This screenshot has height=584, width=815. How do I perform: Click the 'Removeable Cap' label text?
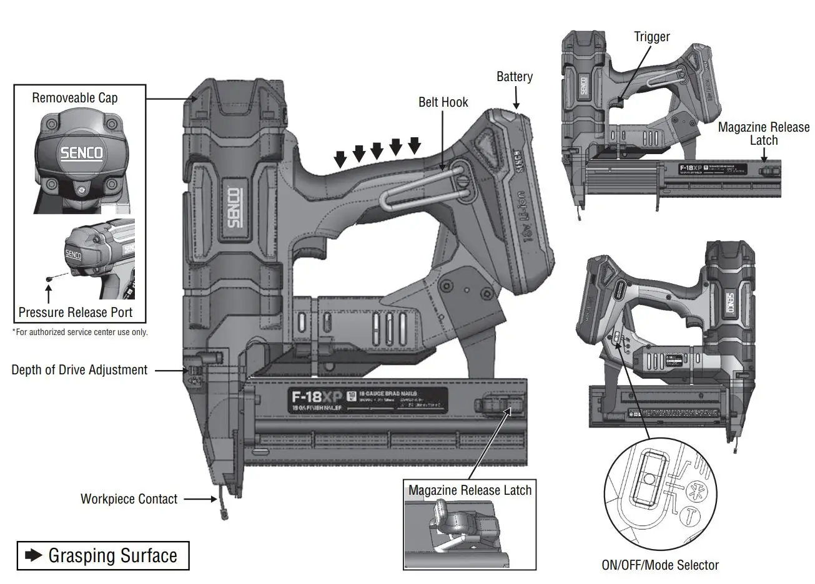pos(74,98)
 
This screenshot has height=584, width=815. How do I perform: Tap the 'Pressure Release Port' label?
pos(76,312)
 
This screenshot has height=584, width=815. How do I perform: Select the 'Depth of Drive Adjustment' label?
pos(79,370)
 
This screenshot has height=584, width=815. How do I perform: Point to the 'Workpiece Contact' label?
pos(129,499)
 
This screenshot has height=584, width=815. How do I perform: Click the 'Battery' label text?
pos(515,77)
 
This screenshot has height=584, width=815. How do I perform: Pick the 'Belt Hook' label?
pos(443,102)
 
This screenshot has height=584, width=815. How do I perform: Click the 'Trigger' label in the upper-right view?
pos(651,37)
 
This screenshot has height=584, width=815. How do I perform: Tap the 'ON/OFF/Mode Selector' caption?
pos(659,565)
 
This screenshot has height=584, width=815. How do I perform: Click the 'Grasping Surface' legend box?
pos(102,555)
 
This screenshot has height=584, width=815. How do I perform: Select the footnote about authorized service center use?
pos(80,332)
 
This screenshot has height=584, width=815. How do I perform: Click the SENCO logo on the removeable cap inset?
pos(81,152)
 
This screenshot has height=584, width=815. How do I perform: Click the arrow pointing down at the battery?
pos(516,97)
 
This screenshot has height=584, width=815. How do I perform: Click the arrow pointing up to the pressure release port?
pos(48,290)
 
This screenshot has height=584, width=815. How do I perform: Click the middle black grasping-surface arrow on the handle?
pos(377,151)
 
